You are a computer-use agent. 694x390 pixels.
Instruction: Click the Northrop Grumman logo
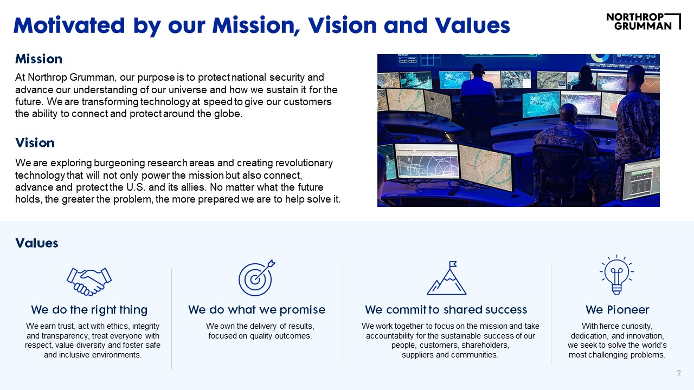643,21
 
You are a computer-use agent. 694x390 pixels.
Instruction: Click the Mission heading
38,59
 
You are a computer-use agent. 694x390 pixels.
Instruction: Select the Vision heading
35,143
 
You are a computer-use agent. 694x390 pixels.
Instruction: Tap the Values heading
37,243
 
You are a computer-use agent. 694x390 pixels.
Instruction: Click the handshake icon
89,281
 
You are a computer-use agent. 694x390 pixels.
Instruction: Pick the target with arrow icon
256,278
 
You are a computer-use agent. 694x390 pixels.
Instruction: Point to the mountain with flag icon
446,278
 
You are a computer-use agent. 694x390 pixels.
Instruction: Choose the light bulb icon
616,275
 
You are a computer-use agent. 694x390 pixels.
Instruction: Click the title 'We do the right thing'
89,310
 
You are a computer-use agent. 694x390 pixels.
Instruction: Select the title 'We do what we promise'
257,310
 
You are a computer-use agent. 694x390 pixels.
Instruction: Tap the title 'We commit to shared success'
446,310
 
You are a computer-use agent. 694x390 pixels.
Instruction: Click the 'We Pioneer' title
617,310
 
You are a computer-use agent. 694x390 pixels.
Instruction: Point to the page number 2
679,373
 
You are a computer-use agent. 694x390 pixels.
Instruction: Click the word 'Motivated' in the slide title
69,25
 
